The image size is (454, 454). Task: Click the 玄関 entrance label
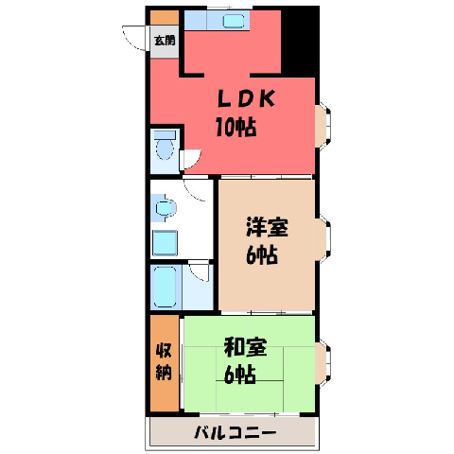coord(165,41)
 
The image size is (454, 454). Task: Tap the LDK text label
coord(246,98)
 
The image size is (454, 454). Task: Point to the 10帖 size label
coord(236,127)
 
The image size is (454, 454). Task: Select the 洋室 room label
coord(267,227)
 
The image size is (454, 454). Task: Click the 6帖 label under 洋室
coord(262,254)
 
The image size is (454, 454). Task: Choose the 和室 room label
coord(245,347)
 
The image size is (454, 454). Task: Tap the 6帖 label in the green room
coord(240,375)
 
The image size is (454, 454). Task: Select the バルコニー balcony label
coord(235,432)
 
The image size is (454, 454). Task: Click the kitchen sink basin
coord(234,21)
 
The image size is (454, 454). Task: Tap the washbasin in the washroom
coord(165,208)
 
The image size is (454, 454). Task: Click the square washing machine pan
coord(165,243)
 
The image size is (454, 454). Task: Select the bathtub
coord(165,287)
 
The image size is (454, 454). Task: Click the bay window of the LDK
coord(323,126)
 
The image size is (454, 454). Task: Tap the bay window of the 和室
coord(323,363)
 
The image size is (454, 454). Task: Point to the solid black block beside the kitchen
coord(300,42)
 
